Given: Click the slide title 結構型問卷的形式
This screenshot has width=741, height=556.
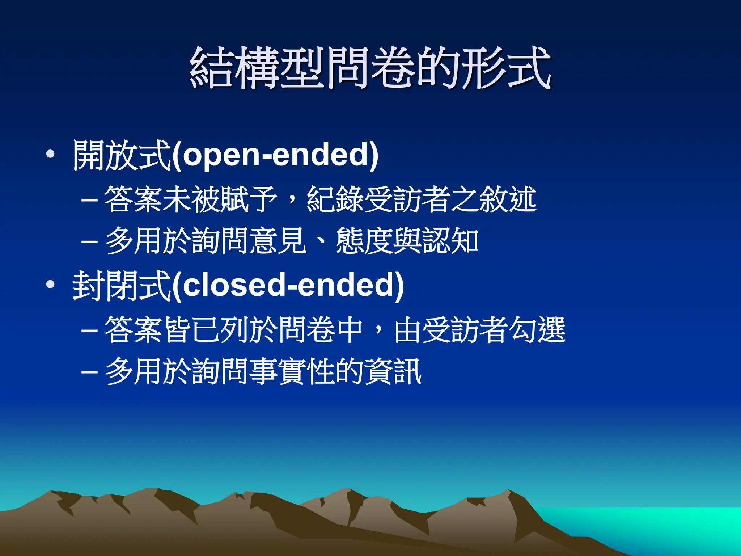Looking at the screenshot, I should click(370, 68).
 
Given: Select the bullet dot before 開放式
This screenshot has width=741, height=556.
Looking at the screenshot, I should click(50, 155).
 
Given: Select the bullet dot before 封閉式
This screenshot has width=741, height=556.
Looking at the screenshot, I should click(50, 285).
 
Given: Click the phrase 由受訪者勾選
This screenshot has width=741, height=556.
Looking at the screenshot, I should click(479, 330).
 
